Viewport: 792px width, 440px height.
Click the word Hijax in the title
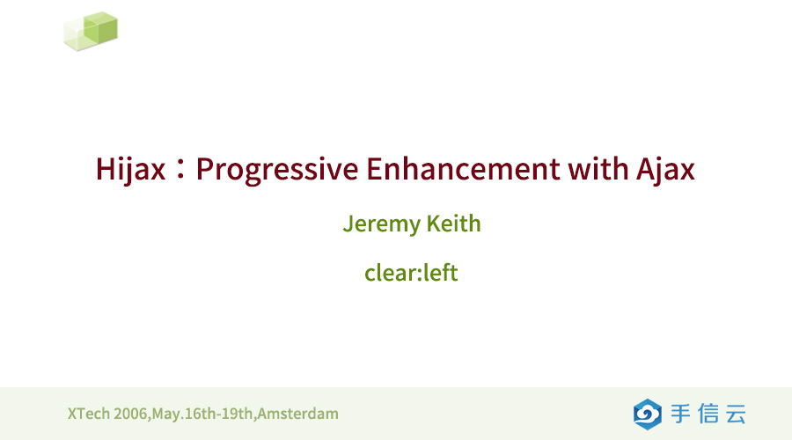click(x=130, y=169)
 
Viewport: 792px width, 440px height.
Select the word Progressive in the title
click(x=277, y=170)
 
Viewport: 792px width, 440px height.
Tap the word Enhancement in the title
click(x=463, y=169)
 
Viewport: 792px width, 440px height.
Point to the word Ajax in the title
click(x=665, y=169)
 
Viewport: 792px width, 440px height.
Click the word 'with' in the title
click(x=598, y=168)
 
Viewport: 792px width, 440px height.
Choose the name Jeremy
click(x=381, y=224)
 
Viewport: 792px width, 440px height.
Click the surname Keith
click(x=453, y=224)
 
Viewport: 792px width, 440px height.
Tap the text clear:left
click(x=411, y=273)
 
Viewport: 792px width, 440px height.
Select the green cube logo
click(x=91, y=31)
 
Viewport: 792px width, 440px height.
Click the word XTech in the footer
click(x=89, y=414)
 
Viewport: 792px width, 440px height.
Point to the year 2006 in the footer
click(x=130, y=414)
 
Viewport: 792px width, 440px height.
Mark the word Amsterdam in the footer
click(x=298, y=414)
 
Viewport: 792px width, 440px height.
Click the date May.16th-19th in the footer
click(x=202, y=414)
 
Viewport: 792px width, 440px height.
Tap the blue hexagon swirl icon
click(x=648, y=414)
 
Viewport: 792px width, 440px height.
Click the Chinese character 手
click(x=681, y=414)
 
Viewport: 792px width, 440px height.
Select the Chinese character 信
click(x=708, y=414)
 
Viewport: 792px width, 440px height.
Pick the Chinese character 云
click(x=736, y=414)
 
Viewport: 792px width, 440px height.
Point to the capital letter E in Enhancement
click(x=374, y=169)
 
